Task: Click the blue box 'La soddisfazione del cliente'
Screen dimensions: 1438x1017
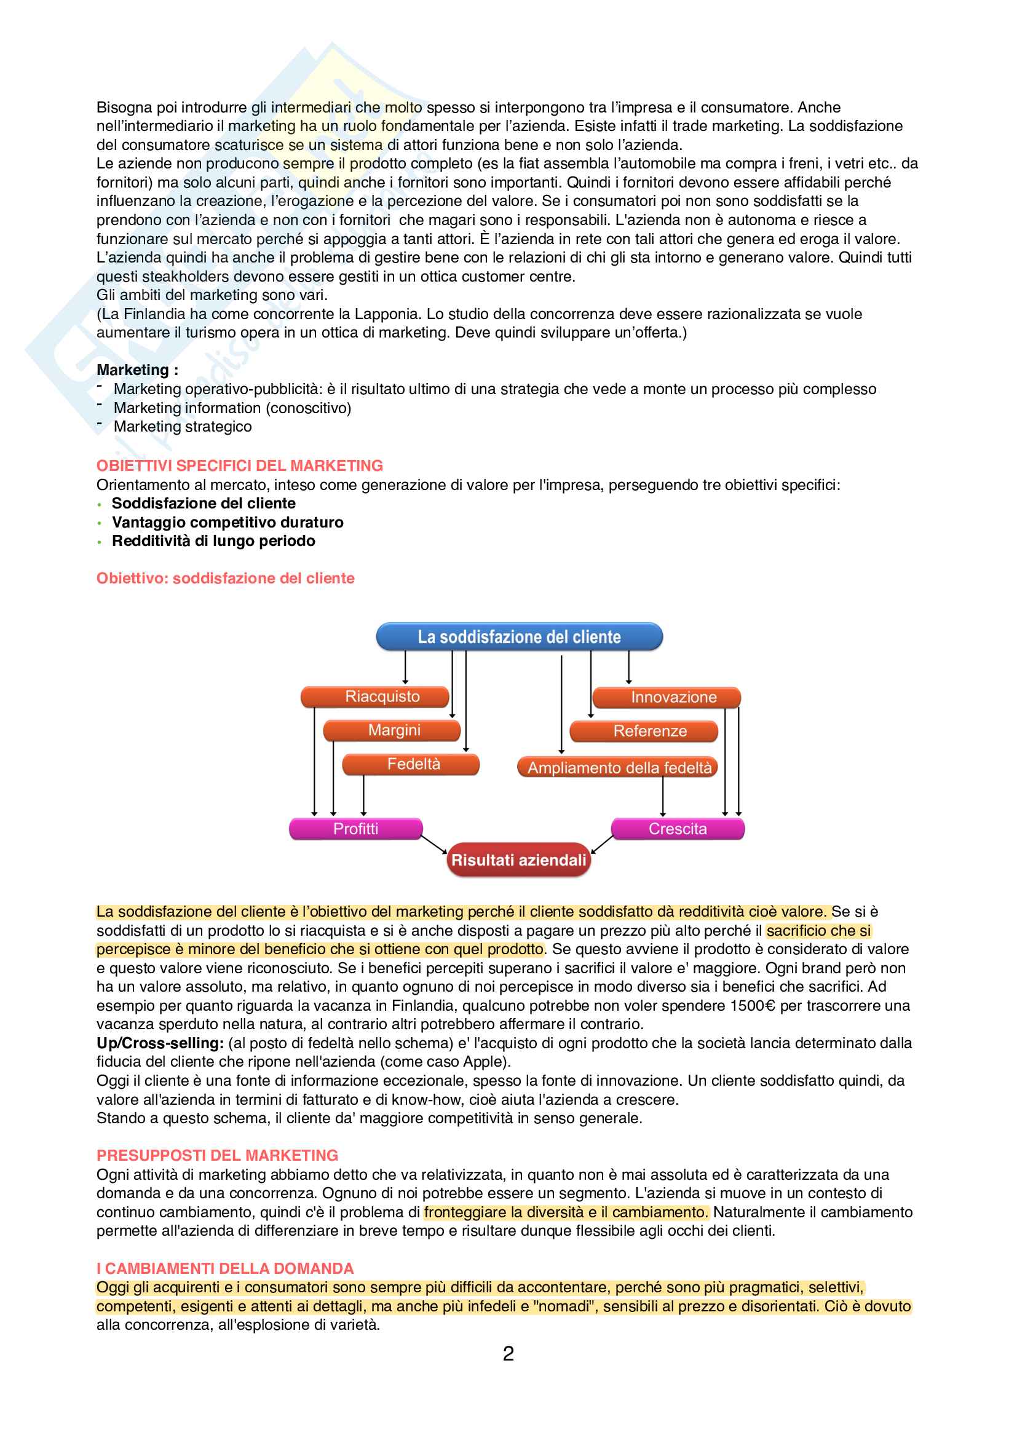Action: pyautogui.click(x=519, y=636)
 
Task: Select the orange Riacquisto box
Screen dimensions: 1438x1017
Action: pyautogui.click(x=382, y=697)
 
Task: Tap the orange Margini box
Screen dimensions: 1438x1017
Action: pyautogui.click(x=394, y=730)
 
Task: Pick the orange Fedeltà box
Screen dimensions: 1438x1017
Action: pyautogui.click(x=413, y=764)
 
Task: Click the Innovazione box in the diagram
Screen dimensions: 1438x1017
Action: pyautogui.click(x=673, y=697)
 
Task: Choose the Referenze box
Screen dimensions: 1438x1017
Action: pyautogui.click(x=649, y=731)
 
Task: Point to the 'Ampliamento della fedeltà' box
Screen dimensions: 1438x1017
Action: pyautogui.click(x=619, y=767)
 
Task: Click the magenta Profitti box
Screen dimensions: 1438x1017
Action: pyautogui.click(x=355, y=829)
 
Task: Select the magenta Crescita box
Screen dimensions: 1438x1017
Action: pyautogui.click(x=678, y=829)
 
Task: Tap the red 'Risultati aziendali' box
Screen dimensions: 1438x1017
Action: pyautogui.click(x=518, y=860)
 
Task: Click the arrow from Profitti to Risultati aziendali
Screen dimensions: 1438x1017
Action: pyautogui.click(x=434, y=844)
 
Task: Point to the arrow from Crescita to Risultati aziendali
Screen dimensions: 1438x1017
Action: pyautogui.click(x=603, y=844)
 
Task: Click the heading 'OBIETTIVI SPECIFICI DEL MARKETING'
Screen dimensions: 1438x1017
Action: pyautogui.click(x=239, y=465)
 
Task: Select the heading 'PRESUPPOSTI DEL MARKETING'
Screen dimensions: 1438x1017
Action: pyautogui.click(x=216, y=1155)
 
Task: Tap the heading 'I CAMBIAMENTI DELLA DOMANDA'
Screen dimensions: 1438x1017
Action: pyautogui.click(x=225, y=1268)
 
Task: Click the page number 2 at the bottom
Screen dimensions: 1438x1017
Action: pyautogui.click(x=509, y=1353)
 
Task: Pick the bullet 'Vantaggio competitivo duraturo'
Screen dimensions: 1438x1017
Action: pyautogui.click(x=228, y=523)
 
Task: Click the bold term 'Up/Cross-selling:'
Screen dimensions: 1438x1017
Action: pyautogui.click(x=160, y=1043)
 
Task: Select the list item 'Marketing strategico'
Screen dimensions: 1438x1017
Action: pyautogui.click(x=182, y=427)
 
